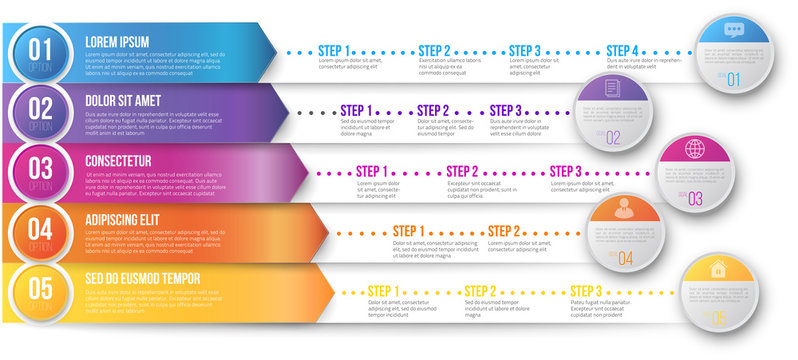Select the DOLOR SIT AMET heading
[123, 101]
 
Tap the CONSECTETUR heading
[118, 160]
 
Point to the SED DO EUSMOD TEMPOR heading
[142, 277]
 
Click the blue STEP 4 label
[623, 50]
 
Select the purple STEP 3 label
[506, 110]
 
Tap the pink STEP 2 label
[462, 171]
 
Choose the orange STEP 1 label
[409, 231]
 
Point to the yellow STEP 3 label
[586, 291]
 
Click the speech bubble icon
[733, 29]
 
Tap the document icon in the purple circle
[611, 89]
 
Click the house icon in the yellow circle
[716, 268]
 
